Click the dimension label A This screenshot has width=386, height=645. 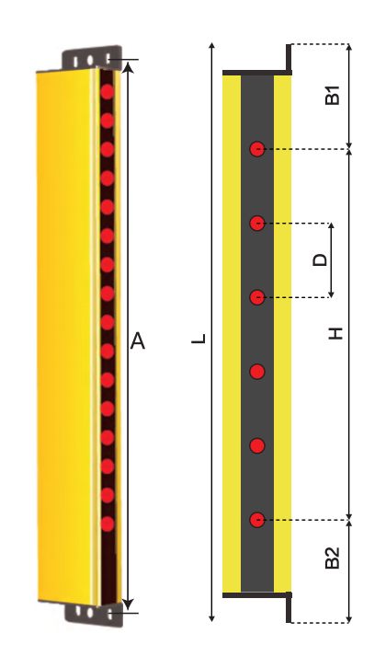click(138, 341)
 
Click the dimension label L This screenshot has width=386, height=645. click(199, 339)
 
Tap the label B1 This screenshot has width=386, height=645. click(333, 95)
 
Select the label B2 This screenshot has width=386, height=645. click(333, 558)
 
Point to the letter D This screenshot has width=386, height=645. click(320, 260)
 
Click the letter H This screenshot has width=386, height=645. click(335, 333)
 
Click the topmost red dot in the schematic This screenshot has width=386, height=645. click(257, 149)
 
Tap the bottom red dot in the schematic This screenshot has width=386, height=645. click(257, 520)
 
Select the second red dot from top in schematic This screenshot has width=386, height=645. click(257, 224)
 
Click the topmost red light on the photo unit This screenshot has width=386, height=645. click(108, 92)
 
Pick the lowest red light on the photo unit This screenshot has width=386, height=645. click(108, 524)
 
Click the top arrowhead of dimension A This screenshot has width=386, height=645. click(129, 66)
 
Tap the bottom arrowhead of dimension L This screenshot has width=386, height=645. click(211, 618)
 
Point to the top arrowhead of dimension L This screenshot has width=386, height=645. click(211, 45)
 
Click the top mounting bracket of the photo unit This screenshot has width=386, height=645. click(92, 58)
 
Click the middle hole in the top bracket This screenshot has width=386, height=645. click(90, 61)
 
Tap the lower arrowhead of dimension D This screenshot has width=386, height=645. click(331, 294)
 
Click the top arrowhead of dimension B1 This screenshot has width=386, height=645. click(349, 47)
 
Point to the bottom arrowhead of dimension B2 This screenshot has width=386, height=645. click(349, 618)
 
